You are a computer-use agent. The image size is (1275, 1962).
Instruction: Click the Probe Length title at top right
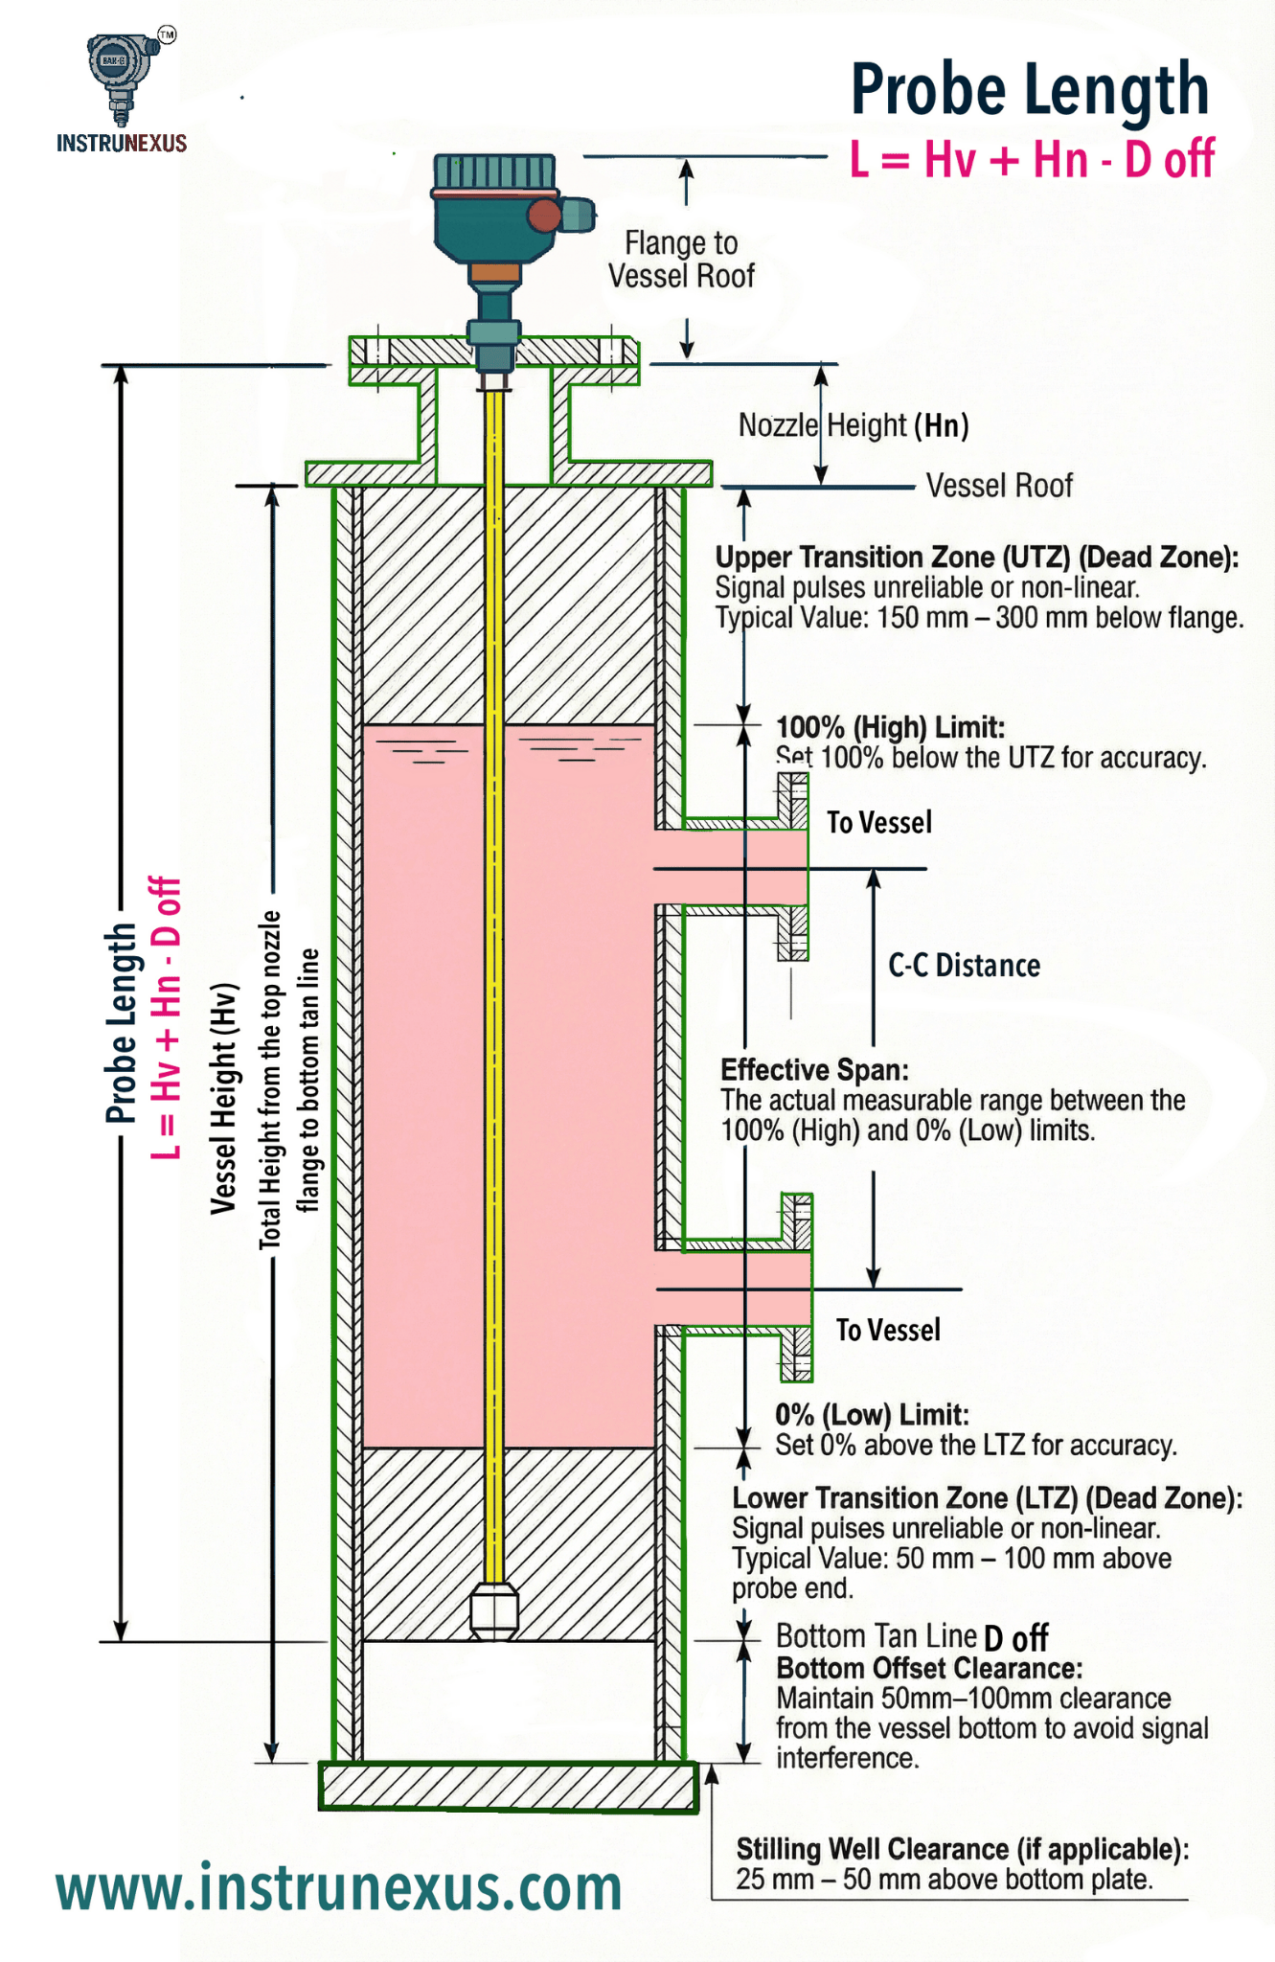tap(1030, 90)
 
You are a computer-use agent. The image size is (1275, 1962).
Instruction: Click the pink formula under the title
tap(1032, 159)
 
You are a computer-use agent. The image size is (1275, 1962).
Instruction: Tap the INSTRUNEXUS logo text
tap(122, 144)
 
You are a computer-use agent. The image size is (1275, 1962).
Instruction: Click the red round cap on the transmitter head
tap(544, 216)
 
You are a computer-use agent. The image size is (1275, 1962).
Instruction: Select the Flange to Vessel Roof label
tap(681, 260)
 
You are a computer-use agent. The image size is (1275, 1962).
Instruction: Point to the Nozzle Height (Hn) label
tap(853, 425)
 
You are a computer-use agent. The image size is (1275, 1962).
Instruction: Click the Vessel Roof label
tap(998, 486)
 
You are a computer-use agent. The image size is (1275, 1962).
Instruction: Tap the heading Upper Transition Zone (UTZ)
tap(976, 557)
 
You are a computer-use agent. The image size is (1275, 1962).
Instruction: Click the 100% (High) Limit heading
tap(890, 727)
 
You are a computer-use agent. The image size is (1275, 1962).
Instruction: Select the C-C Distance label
tap(964, 966)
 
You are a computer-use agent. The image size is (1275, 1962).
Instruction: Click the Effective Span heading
tap(814, 1069)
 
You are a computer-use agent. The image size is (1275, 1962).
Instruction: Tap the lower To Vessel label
tap(887, 1330)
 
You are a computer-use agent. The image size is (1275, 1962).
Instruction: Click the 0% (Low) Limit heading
tap(872, 1414)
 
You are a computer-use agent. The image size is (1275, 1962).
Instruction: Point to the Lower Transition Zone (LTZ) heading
tap(987, 1497)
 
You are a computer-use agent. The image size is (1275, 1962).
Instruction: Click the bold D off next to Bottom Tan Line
tap(1015, 1637)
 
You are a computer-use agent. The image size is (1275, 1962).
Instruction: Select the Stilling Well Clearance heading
tap(962, 1848)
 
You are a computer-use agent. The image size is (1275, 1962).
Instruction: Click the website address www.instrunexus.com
tap(339, 1887)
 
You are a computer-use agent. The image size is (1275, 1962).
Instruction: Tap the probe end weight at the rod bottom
tap(494, 1611)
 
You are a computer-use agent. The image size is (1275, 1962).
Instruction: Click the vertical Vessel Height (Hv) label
tap(223, 1098)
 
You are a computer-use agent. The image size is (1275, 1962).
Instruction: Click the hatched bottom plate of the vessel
tap(508, 1787)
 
